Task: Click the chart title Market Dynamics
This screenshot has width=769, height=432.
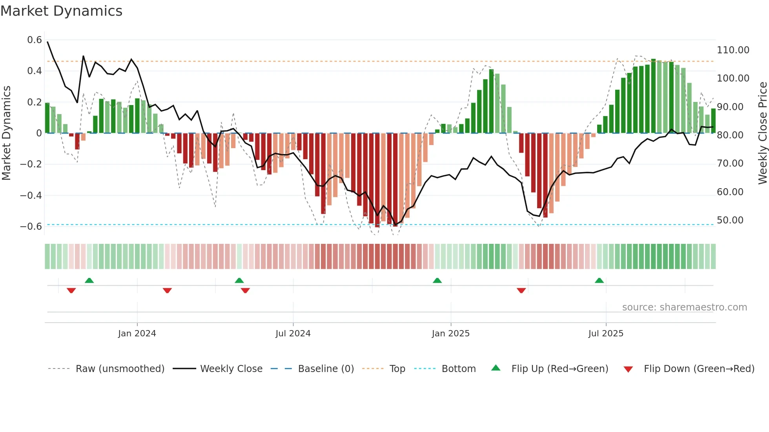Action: coord(61,11)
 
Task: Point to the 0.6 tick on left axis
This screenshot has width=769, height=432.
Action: coord(35,40)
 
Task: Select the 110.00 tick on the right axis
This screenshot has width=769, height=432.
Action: coord(733,50)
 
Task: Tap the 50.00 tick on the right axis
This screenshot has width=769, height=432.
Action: coord(730,220)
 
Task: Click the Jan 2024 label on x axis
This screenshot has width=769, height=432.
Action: coord(137,334)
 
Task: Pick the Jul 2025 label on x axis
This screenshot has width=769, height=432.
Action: coord(606,334)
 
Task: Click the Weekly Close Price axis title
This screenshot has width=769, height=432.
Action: coord(762,133)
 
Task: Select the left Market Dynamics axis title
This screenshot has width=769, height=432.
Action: coord(6,133)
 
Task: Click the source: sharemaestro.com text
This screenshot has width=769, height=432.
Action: coord(684,307)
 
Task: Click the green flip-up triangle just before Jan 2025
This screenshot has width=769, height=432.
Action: coord(437,281)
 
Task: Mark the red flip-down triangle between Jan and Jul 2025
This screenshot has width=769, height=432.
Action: coord(521,290)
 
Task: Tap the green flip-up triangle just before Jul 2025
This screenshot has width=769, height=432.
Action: coord(599,281)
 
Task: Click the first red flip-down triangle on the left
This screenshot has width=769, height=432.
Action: coord(71,290)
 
